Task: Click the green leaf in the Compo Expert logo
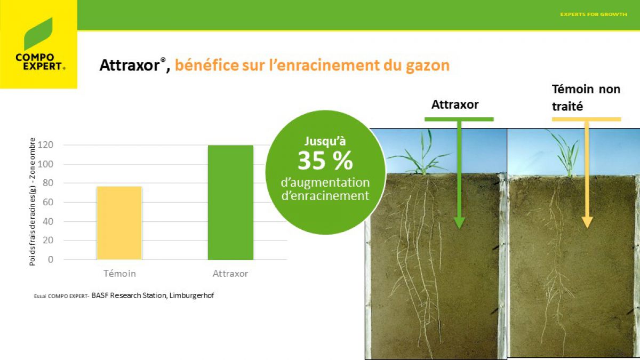point(38,34)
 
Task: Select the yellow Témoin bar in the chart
point(119,223)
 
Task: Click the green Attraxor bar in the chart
point(230,203)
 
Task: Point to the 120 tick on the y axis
point(45,145)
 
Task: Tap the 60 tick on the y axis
point(48,202)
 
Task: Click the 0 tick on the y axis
point(51,259)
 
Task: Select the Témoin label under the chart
point(119,274)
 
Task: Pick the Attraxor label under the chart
point(230,274)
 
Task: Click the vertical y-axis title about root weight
point(33,202)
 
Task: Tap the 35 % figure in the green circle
point(325,161)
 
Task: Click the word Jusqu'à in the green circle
point(325,141)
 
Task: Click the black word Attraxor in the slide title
point(130,65)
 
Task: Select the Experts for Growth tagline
point(594,14)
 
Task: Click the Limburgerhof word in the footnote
point(191,295)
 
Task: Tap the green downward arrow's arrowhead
point(459,223)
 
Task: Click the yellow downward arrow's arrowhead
point(587,222)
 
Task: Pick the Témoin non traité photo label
point(586,98)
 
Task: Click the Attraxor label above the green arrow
point(455,105)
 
